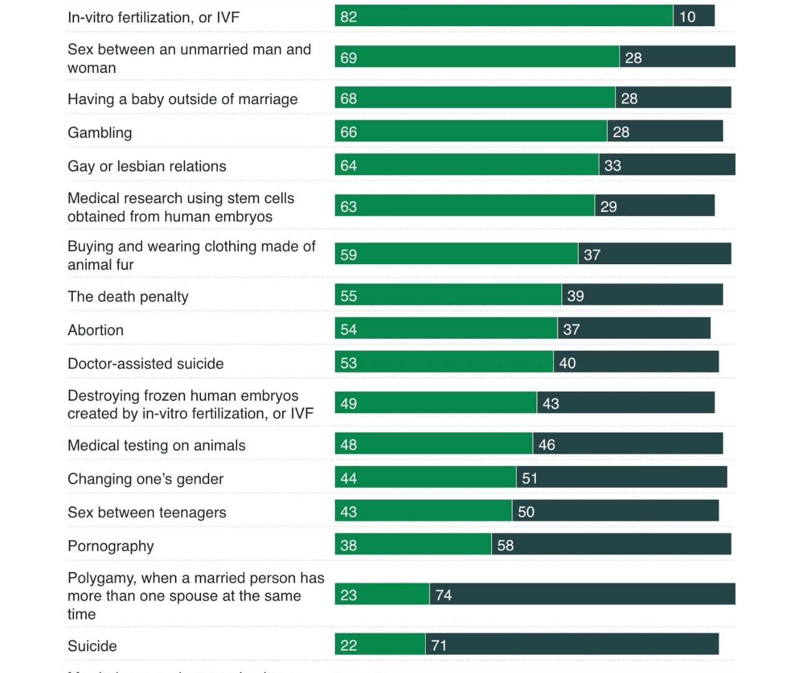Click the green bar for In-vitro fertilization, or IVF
pos(503,16)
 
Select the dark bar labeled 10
pos(693,16)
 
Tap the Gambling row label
pos(100,133)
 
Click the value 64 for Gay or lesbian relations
pos(349,166)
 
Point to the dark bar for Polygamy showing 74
pos(582,594)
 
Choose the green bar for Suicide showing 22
pos(380,645)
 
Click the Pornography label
pos(111,546)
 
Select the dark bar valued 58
pos(611,545)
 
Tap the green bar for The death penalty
pos(448,295)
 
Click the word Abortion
pos(96,330)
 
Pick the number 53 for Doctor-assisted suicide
pos(349,363)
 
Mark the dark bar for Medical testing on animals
pos(627,444)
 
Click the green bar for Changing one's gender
pos(425,478)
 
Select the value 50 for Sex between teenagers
pos(526,512)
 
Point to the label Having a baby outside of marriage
pos(182,99)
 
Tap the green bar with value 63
pos(464,206)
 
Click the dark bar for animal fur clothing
pos(655,254)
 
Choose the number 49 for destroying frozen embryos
pos(349,404)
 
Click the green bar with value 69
pos(477,57)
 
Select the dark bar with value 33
pos(667,165)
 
